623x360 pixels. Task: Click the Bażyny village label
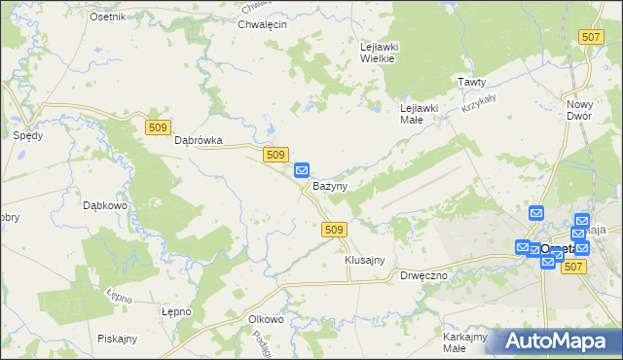[x=330, y=185]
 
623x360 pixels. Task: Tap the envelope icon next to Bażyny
[x=302, y=169]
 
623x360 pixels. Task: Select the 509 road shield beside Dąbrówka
[x=159, y=126]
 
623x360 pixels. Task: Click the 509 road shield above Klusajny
[x=333, y=229]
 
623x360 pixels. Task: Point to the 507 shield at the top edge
[x=589, y=36]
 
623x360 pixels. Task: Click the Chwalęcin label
[x=262, y=24]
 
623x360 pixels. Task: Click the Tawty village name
[x=472, y=82]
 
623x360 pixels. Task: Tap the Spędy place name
[x=27, y=135]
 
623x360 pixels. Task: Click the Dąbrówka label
[x=199, y=140]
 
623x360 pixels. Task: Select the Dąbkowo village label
[x=106, y=205]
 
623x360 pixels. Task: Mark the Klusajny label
[x=365, y=261]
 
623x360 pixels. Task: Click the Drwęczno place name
[x=423, y=275]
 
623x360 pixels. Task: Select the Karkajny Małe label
[x=464, y=342]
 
